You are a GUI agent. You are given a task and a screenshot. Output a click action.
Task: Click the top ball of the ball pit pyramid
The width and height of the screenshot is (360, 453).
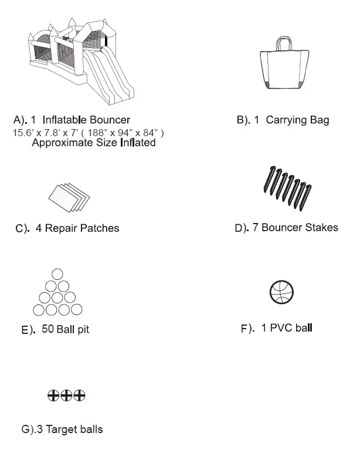coord(57,273)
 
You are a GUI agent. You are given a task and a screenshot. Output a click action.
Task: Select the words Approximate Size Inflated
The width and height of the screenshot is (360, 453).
coord(93,143)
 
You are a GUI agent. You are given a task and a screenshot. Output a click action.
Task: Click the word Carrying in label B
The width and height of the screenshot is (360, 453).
coord(287,120)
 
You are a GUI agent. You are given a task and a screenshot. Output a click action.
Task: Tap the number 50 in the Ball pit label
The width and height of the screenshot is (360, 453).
coord(48,329)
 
